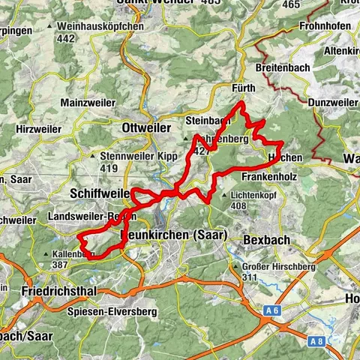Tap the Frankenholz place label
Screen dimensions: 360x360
pyautogui.click(x=272, y=176)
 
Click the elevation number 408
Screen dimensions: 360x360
pyautogui.click(x=239, y=205)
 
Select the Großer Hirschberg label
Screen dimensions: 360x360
pyautogui.click(x=278, y=267)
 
